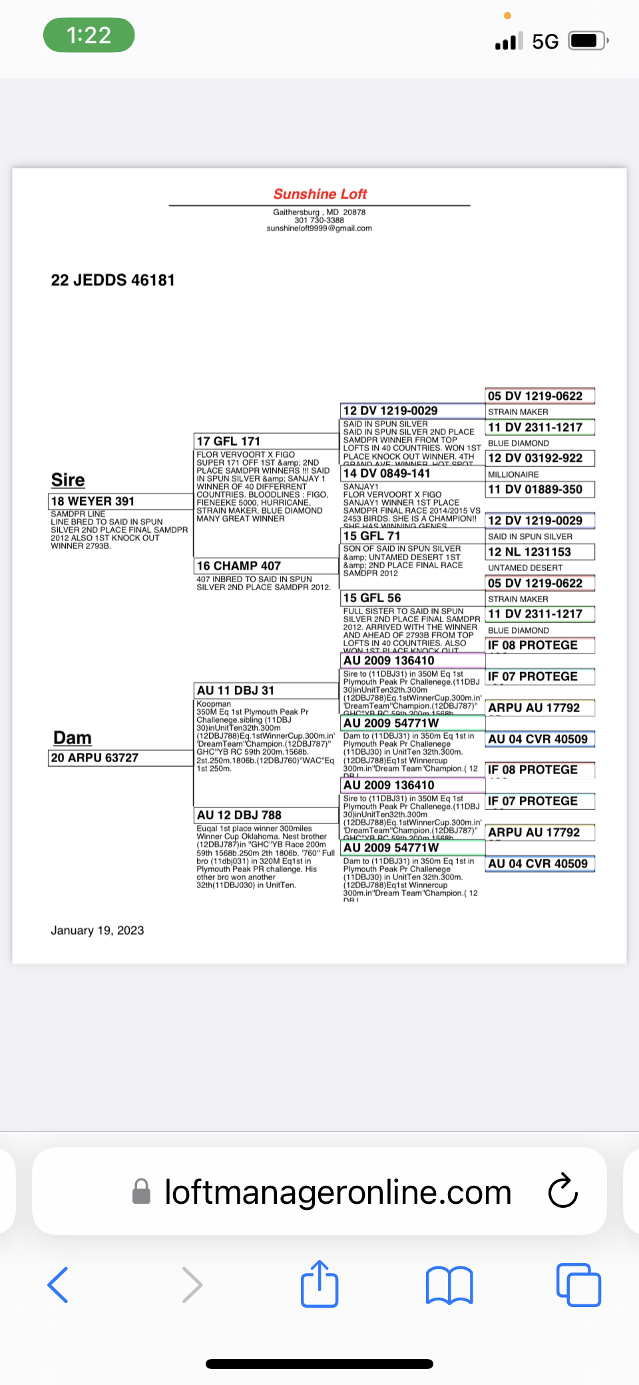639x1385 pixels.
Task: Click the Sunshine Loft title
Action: (320, 194)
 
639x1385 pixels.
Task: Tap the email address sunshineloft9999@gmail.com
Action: (319, 229)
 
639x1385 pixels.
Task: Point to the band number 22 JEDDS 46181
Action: (112, 280)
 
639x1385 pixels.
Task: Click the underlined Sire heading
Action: (68, 480)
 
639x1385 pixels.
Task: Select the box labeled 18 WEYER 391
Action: (120, 501)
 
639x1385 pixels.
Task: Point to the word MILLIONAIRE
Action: (514, 474)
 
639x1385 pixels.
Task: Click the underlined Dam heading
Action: (73, 737)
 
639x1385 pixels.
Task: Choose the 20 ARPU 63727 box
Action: (120, 757)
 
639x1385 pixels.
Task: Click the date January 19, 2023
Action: (97, 930)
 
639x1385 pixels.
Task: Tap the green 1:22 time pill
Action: (89, 35)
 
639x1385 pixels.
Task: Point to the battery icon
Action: (587, 41)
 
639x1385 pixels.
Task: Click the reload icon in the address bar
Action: (563, 1191)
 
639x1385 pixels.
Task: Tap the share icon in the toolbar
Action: (319, 1283)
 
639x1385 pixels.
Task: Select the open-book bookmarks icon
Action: (449, 1284)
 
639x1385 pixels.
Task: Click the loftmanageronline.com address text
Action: (337, 1192)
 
